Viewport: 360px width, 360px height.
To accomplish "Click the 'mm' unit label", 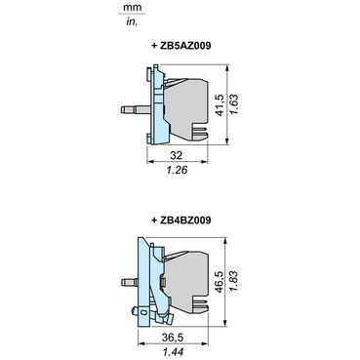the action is pos(133,7).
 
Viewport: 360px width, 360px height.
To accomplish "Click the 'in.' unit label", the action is pos(132,21).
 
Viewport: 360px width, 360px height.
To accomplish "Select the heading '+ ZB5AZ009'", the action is pos(181,46).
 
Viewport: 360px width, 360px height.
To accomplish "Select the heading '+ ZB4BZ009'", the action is pos(181,220).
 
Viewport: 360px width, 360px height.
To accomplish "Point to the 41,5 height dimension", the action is pos(220,105).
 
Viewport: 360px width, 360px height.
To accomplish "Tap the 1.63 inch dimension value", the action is pos(234,104).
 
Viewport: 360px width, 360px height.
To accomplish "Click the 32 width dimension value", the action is pos(177,155).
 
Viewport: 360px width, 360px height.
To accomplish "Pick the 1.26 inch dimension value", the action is pos(178,170).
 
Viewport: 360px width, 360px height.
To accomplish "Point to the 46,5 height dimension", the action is pos(220,282).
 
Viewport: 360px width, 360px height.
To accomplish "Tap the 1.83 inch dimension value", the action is pos(233,281).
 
